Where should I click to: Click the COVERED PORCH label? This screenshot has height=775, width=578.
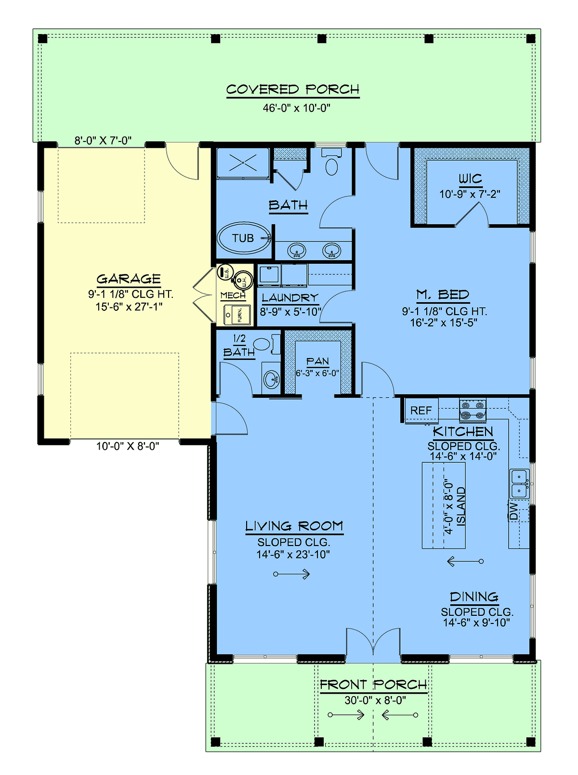[292, 89]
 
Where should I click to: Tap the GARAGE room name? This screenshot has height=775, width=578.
[129, 279]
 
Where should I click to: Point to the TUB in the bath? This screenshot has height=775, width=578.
[244, 239]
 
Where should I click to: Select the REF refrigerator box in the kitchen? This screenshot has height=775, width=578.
[421, 410]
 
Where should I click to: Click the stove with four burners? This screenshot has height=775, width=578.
[473, 410]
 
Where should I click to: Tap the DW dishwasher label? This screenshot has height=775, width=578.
[513, 511]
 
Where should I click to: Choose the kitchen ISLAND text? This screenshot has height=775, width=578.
[461, 506]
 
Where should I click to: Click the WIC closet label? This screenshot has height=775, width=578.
[470, 179]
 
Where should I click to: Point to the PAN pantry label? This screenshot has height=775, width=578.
[317, 361]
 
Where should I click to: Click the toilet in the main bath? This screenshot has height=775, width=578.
[331, 163]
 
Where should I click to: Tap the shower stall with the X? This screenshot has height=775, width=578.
[243, 164]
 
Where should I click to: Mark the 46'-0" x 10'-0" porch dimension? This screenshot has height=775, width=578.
[296, 108]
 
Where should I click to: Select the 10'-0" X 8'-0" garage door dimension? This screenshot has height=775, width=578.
[128, 446]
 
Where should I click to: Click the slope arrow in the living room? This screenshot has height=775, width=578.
[291, 574]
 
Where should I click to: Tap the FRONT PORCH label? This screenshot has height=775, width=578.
[373, 684]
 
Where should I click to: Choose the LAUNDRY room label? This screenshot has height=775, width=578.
[290, 298]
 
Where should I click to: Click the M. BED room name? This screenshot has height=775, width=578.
[443, 295]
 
